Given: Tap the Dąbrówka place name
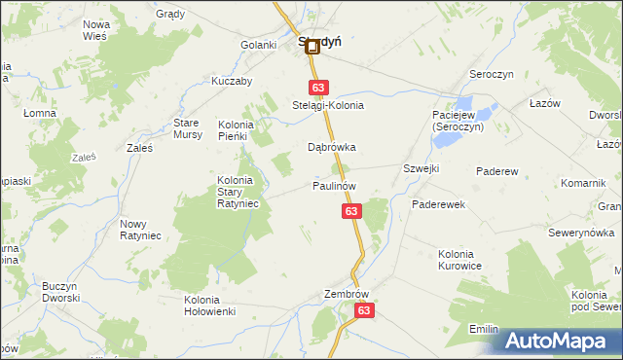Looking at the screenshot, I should point(332,148).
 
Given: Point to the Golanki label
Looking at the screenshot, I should point(260,45).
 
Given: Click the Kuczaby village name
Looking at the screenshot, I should point(232,81).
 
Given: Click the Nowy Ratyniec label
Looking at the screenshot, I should point(140,230).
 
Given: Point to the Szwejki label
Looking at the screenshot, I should point(421,168).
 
